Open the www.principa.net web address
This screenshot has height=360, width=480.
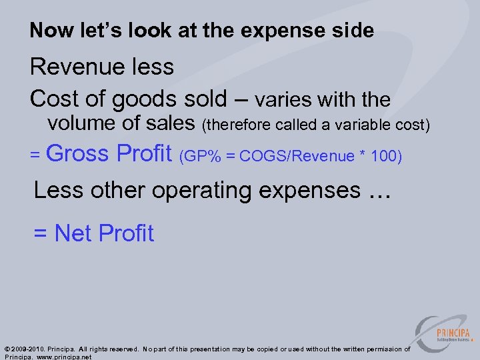63,357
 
